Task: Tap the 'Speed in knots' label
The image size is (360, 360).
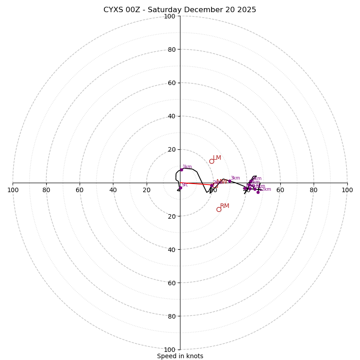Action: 180,356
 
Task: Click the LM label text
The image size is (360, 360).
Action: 217,158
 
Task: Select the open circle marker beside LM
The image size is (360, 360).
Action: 211,161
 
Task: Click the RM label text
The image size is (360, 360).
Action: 225,206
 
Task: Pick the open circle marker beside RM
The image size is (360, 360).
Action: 219,209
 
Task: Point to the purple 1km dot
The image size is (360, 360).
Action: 181,170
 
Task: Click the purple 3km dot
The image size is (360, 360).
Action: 229,181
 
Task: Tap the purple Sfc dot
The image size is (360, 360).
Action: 180,188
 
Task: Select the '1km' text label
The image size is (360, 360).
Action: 187,167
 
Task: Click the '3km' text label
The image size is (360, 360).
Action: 235,178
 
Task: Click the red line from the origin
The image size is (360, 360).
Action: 196,184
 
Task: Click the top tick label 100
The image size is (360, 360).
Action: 170,16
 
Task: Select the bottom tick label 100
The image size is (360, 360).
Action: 170,350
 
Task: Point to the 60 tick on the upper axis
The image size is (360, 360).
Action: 171,83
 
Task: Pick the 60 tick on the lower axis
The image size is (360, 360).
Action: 171,283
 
